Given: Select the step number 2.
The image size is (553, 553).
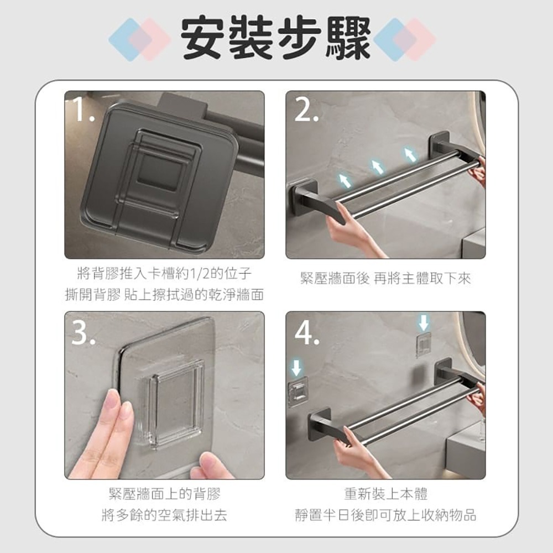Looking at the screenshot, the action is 306,109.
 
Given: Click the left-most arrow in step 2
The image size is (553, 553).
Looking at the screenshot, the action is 345,180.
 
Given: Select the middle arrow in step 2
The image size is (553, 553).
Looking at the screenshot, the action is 377,167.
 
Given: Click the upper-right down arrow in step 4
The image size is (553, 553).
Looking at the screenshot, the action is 424,323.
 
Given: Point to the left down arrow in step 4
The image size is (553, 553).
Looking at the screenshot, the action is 296,368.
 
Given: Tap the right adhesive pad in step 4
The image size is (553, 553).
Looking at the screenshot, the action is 424,344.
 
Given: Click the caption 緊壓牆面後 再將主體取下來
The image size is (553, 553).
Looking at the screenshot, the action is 385,278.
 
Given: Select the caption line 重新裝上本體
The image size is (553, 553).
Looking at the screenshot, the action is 385,494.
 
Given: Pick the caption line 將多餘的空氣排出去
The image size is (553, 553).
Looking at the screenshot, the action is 164,515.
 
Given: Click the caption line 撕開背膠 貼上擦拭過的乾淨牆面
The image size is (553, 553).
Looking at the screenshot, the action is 164,295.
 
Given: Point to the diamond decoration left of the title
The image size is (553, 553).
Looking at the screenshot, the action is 140,39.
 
